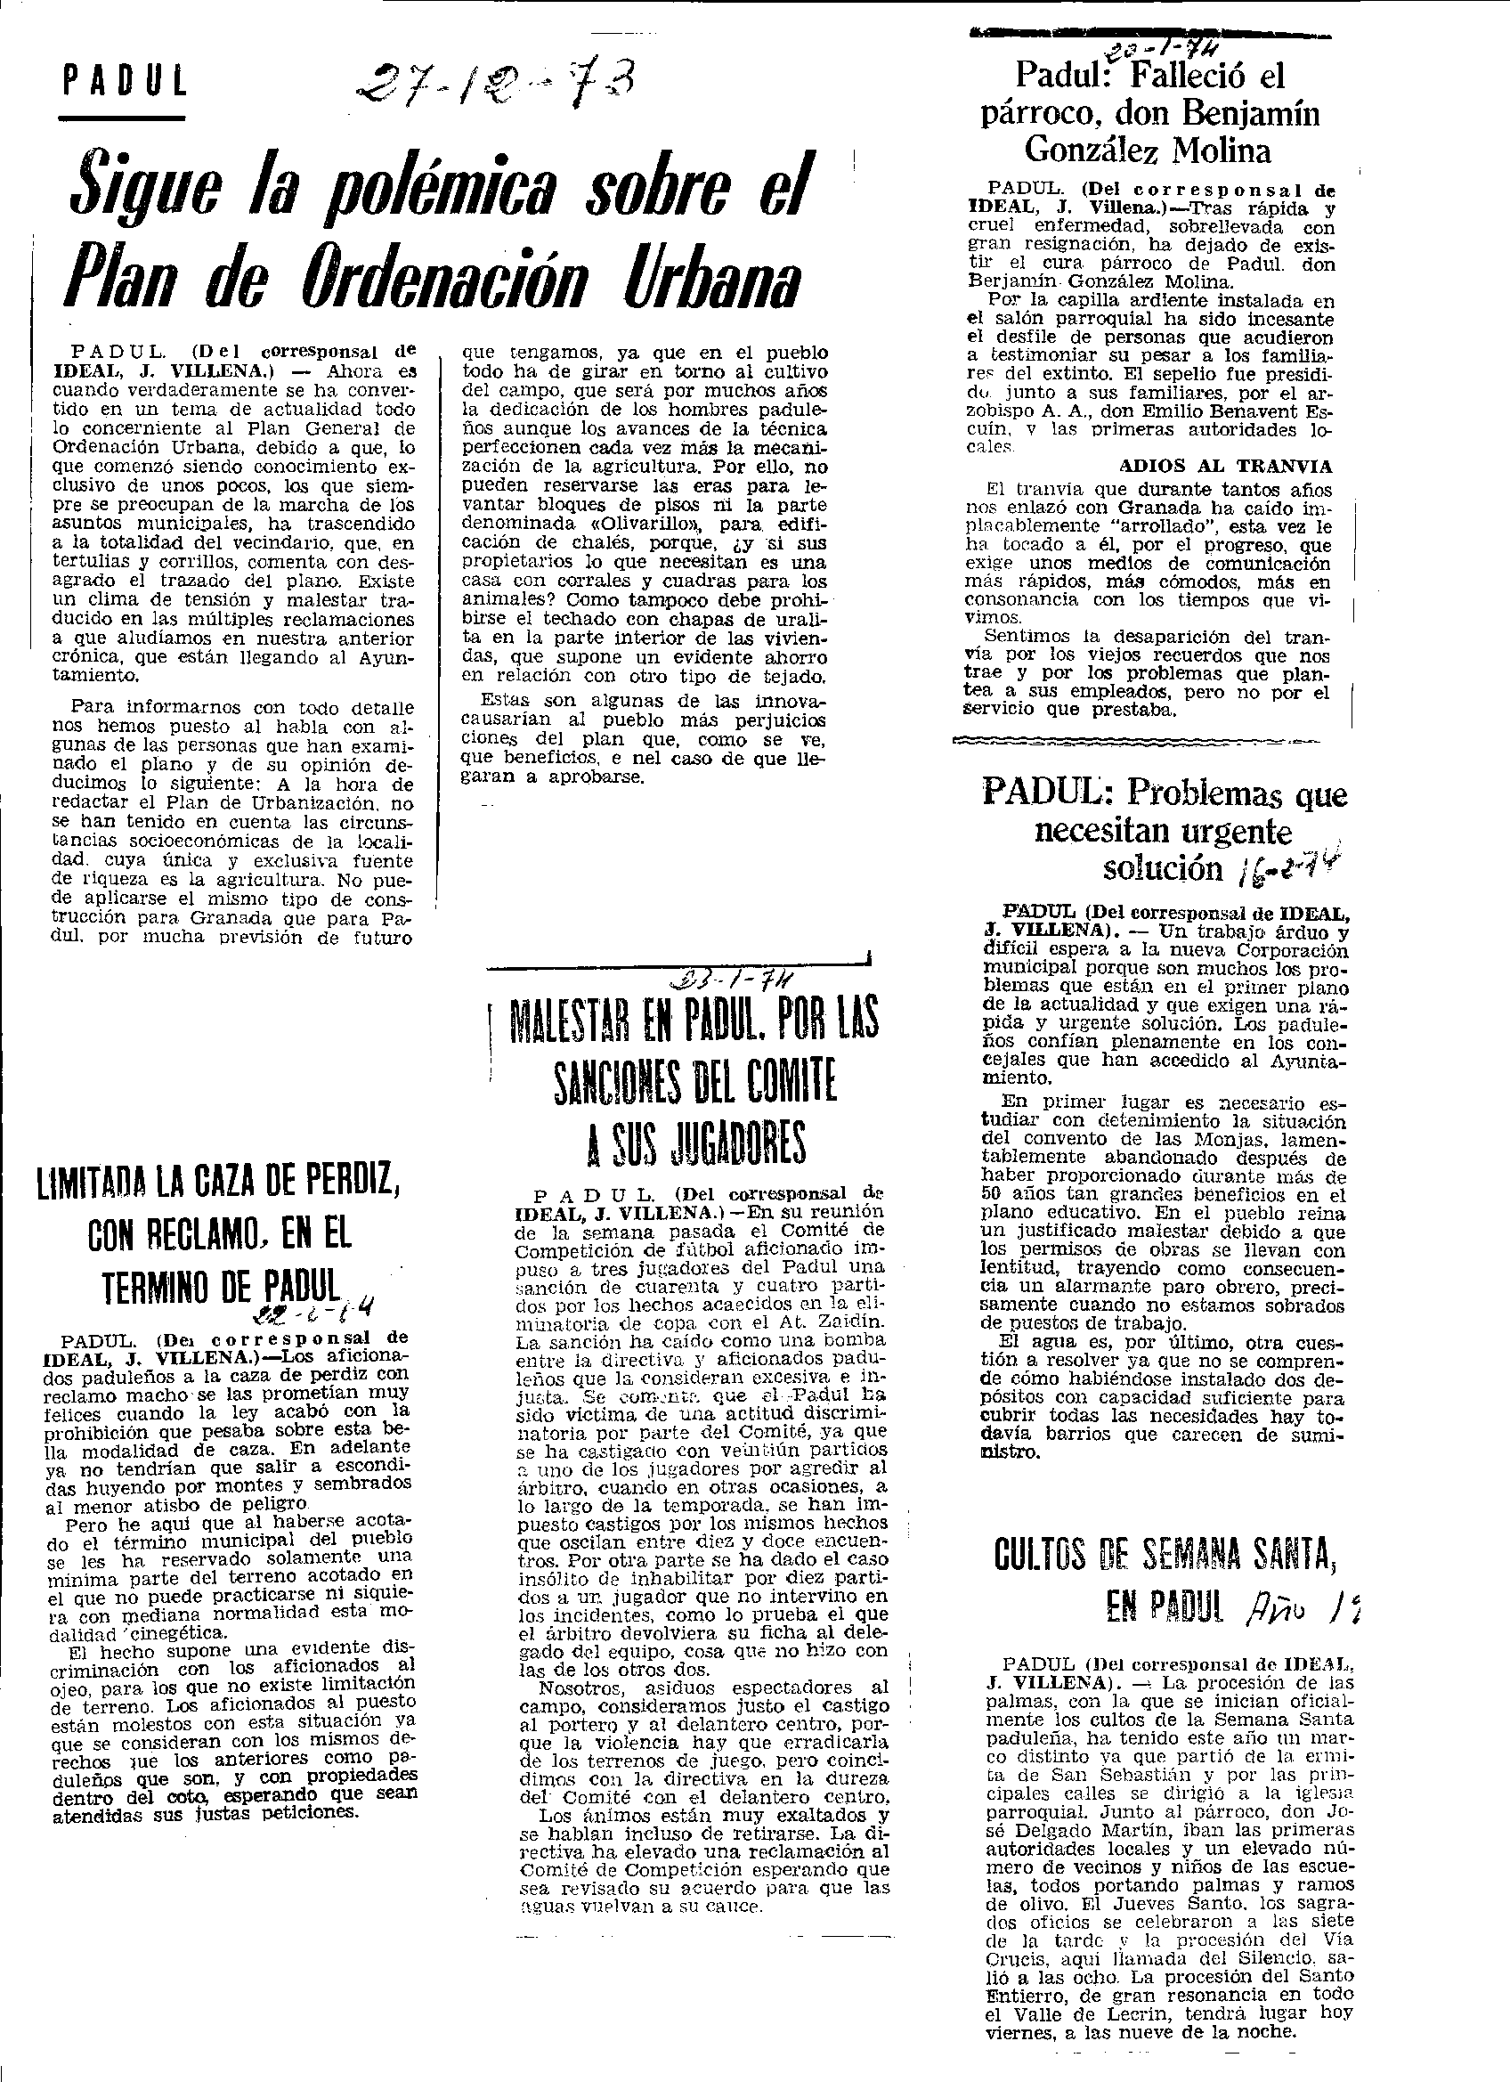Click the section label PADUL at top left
125,84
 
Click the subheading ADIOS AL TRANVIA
1225,466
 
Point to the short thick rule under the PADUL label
121,118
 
